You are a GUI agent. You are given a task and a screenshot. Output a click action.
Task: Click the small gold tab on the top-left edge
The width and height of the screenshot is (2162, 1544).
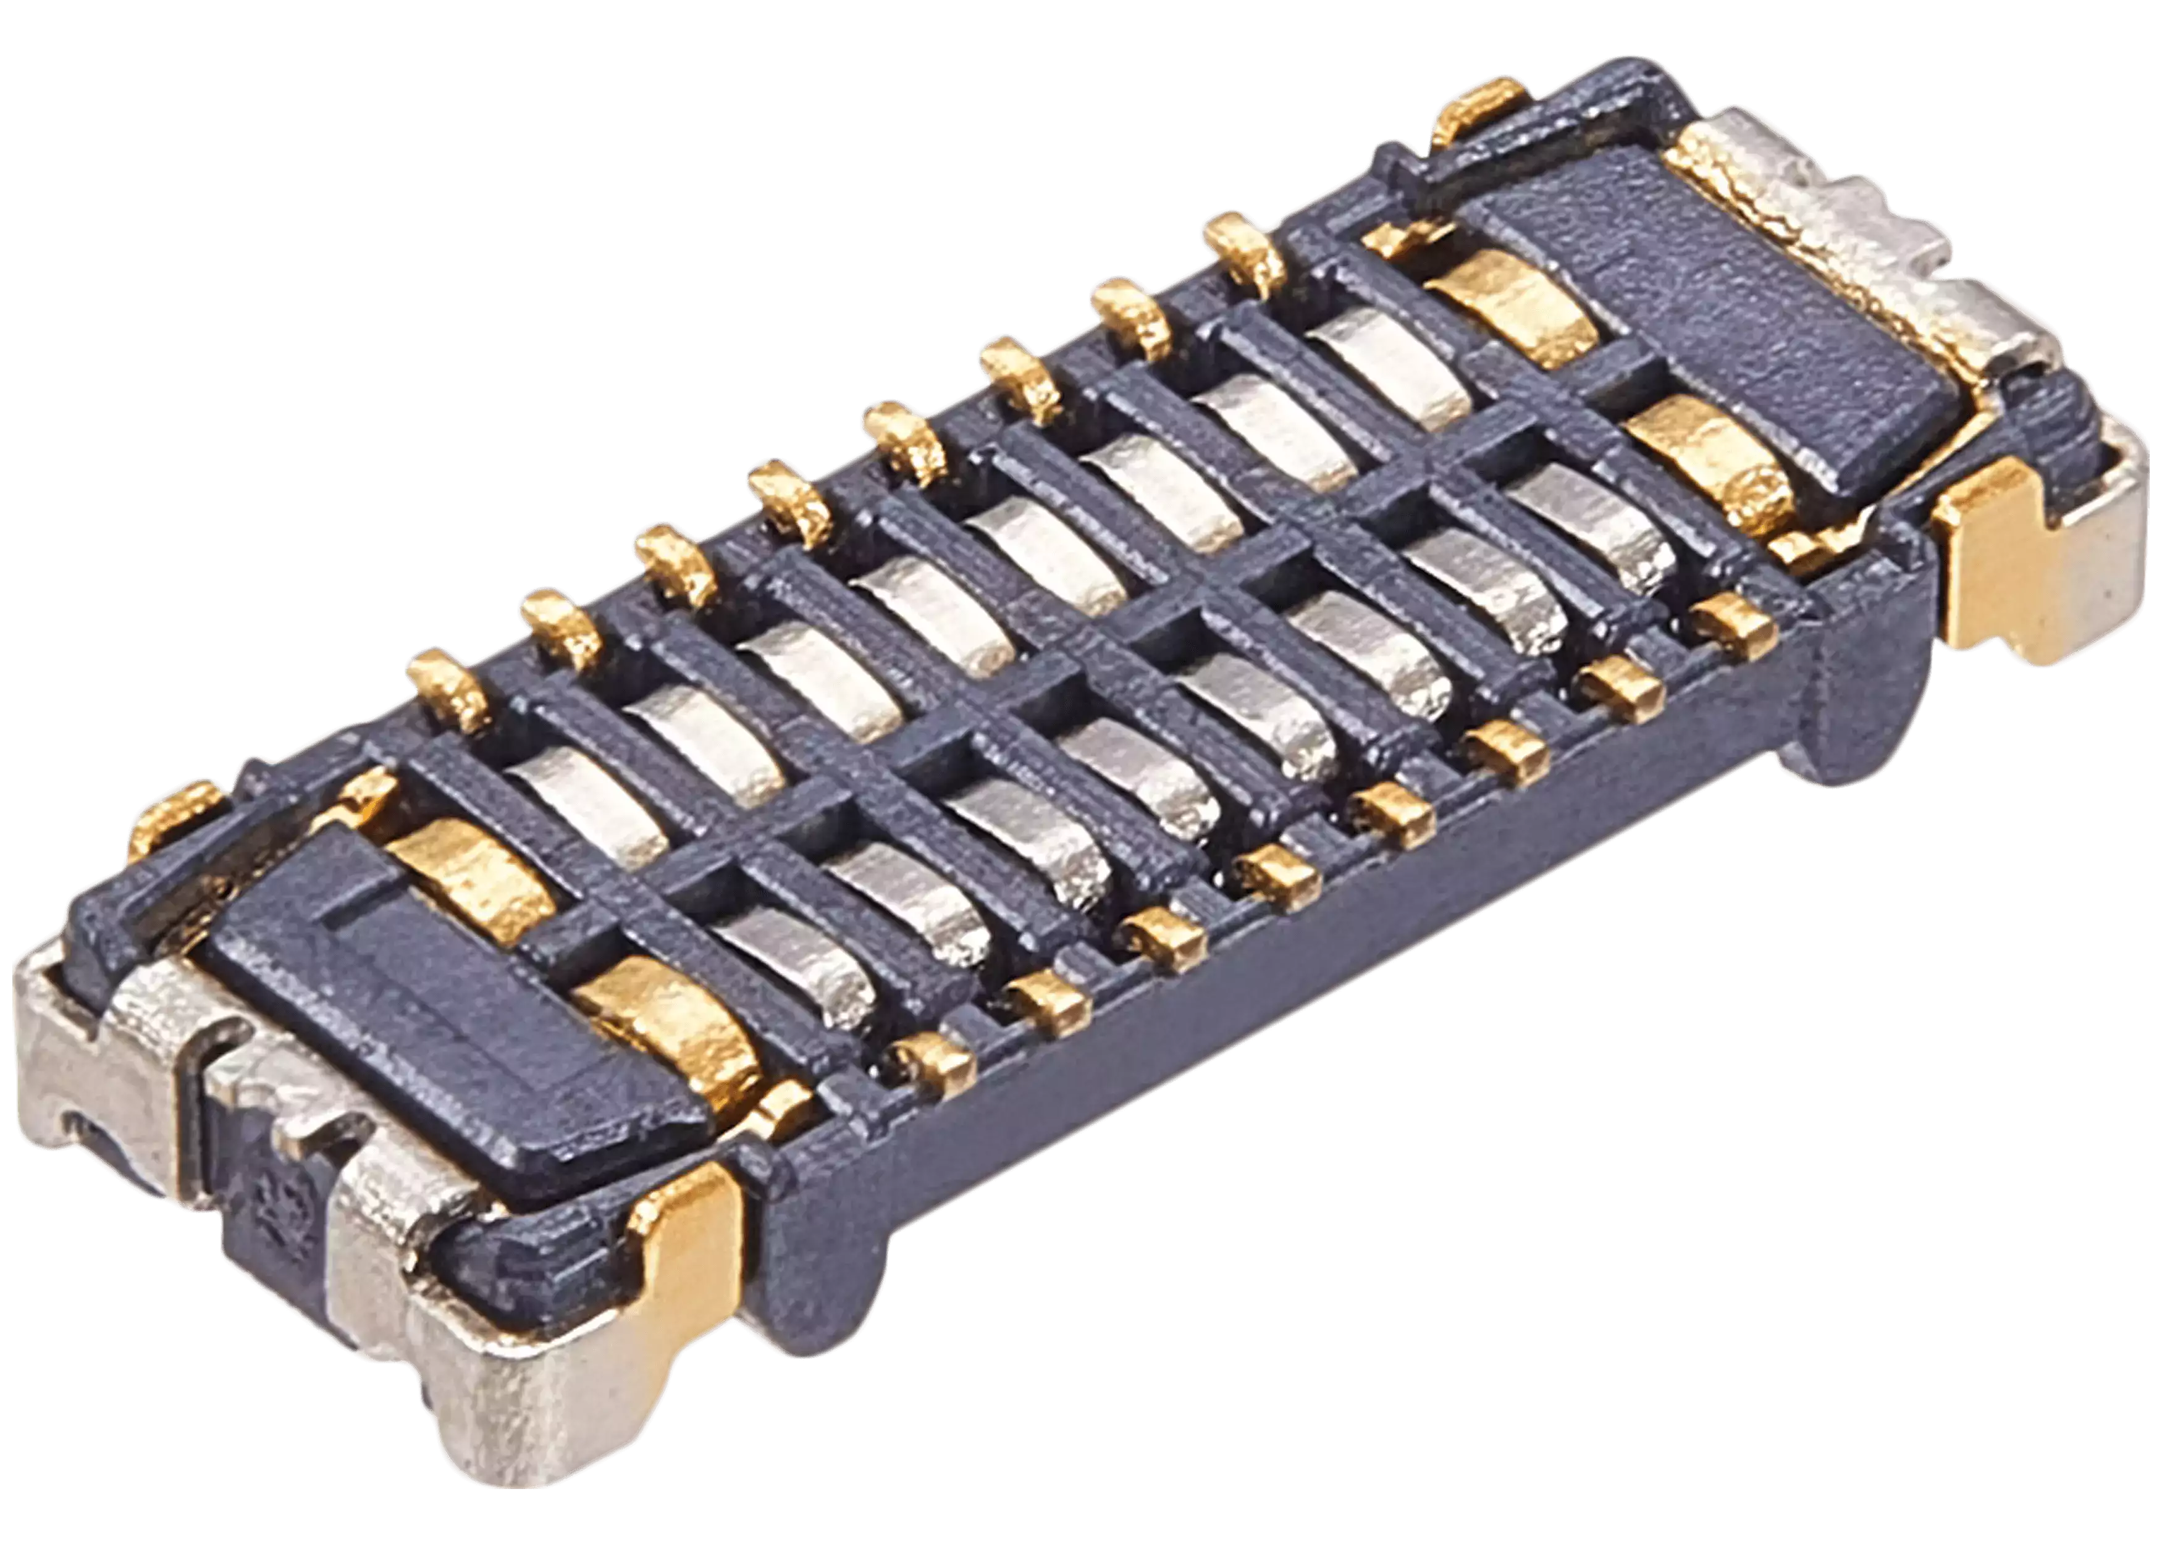180,808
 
